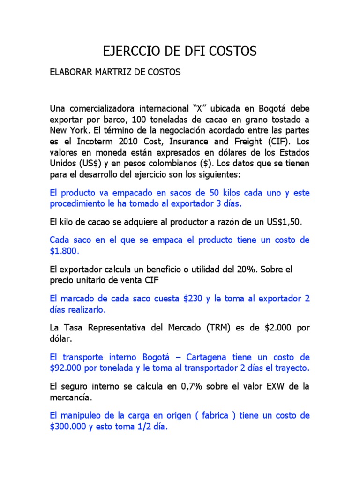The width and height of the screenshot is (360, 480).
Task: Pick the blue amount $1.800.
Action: [64, 251]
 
